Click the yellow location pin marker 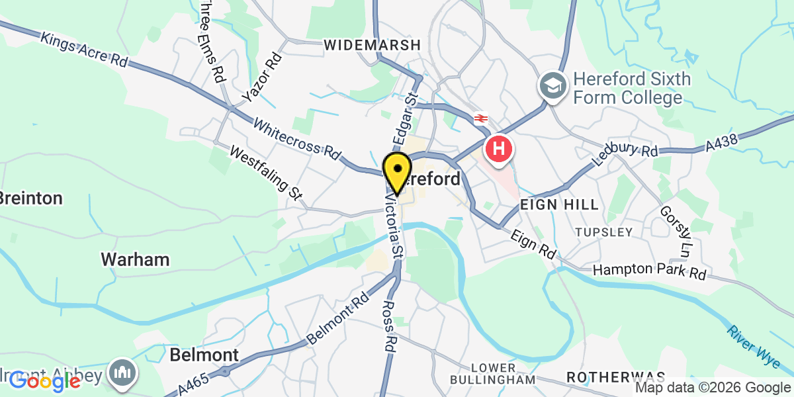(397, 171)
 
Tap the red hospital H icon (500, 148)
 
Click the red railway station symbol (481, 118)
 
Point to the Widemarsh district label (373, 45)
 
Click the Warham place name (135, 259)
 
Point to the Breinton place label (30, 198)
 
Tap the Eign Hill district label (559, 204)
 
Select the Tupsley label (603, 232)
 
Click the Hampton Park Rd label (649, 271)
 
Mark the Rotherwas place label (616, 376)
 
